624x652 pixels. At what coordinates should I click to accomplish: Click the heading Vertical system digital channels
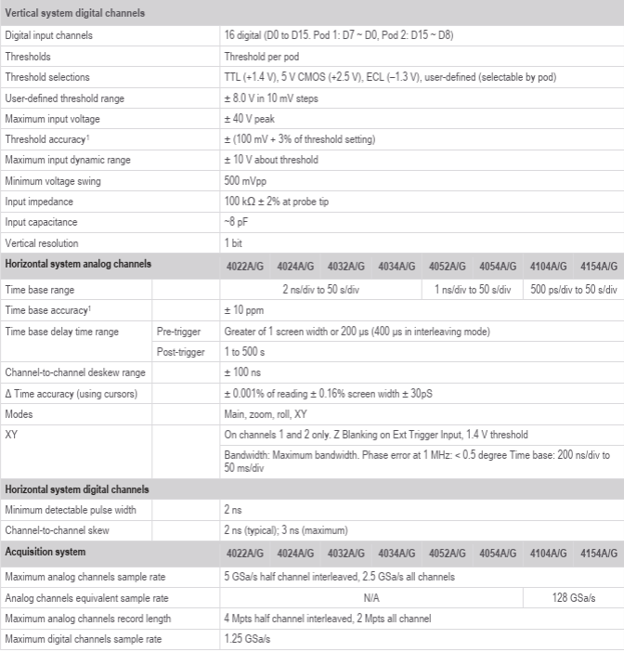tap(73, 13)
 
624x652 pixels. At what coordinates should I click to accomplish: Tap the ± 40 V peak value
tap(251, 118)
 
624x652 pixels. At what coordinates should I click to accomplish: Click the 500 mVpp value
tap(245, 180)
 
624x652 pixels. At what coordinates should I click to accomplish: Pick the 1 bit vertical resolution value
tap(233, 242)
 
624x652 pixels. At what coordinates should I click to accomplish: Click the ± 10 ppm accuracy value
tap(244, 310)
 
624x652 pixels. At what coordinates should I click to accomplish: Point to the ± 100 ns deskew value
tap(244, 372)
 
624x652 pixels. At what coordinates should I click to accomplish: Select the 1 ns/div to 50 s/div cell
tap(473, 290)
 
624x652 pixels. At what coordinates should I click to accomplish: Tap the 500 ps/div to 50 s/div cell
tap(574, 290)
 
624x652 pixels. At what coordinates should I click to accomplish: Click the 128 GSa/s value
tap(574, 598)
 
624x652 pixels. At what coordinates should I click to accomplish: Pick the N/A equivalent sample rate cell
tap(371, 598)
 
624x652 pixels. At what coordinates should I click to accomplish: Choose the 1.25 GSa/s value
tap(247, 639)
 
